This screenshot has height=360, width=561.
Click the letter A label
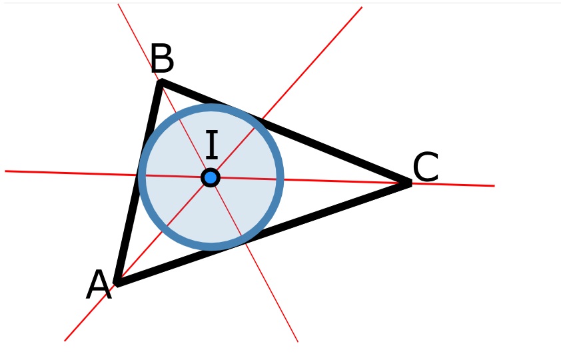pyautogui.click(x=99, y=285)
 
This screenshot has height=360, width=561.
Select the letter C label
pyautogui.click(x=425, y=167)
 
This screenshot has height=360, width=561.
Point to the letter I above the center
pyautogui.click(x=212, y=145)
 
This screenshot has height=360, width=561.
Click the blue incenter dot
pyautogui.click(x=211, y=177)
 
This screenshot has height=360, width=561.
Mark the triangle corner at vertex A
pyautogui.click(x=117, y=283)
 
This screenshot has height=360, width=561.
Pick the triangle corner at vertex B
pyautogui.click(x=160, y=81)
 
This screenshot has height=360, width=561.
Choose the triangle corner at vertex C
pyautogui.click(x=410, y=183)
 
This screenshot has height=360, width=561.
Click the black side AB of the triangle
pyautogui.click(x=138, y=183)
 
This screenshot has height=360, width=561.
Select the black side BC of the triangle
pyautogui.click(x=285, y=133)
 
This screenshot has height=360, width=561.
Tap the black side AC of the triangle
pyautogui.click(x=263, y=233)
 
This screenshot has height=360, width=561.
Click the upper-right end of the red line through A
pyautogui.click(x=362, y=7)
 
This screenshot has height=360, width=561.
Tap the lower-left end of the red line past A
pyautogui.click(x=65, y=341)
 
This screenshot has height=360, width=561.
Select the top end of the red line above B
pyautogui.click(x=118, y=4)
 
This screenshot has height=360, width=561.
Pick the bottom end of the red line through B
pyautogui.click(x=298, y=342)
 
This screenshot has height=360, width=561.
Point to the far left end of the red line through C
pyautogui.click(x=5, y=171)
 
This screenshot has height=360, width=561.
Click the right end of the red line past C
pyautogui.click(x=494, y=186)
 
